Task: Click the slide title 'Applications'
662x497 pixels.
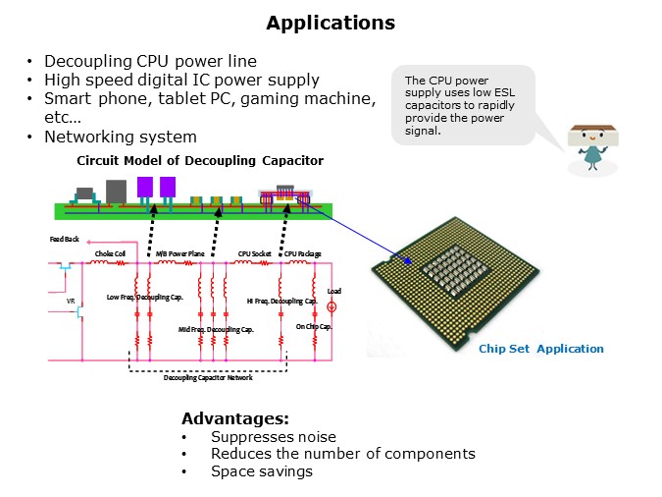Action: pyautogui.click(x=331, y=23)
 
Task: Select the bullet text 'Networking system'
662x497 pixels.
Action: pyautogui.click(x=121, y=137)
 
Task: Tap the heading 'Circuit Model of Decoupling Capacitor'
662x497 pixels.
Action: pyautogui.click(x=200, y=160)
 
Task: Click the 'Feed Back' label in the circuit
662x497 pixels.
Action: pyautogui.click(x=64, y=239)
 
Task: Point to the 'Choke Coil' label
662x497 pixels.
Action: pyautogui.click(x=110, y=253)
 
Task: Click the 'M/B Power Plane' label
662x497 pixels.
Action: pyautogui.click(x=178, y=253)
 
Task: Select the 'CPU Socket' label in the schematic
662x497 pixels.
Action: pyautogui.click(x=254, y=253)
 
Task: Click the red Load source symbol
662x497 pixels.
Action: pyautogui.click(x=332, y=307)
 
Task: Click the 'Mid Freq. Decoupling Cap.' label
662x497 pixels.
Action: pyautogui.click(x=216, y=330)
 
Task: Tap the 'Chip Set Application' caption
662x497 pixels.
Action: pyautogui.click(x=540, y=349)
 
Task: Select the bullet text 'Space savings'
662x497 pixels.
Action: pyautogui.click(x=261, y=471)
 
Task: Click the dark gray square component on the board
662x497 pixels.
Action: pyautogui.click(x=116, y=191)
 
